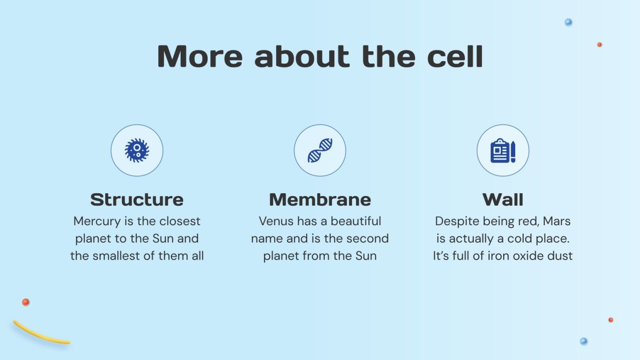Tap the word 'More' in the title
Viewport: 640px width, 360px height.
pyautogui.click(x=200, y=56)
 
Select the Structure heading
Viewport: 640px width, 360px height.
pyautogui.click(x=137, y=199)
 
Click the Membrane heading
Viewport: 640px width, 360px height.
pyautogui.click(x=320, y=199)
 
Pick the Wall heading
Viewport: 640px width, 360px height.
pyautogui.click(x=503, y=199)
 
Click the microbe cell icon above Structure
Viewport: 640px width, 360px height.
pyautogui.click(x=137, y=151)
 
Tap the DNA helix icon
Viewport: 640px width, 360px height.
pyautogui.click(x=320, y=151)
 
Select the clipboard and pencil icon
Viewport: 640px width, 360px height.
pyautogui.click(x=503, y=151)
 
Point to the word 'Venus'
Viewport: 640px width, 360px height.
pyautogui.click(x=276, y=221)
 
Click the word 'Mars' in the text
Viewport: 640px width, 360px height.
pyautogui.click(x=557, y=221)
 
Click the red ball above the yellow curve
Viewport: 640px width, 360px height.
pyautogui.click(x=26, y=302)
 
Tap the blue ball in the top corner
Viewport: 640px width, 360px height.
pyautogui.click(x=568, y=22)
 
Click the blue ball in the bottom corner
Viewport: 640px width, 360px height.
pyautogui.click(x=584, y=341)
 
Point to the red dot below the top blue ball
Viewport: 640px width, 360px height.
pyautogui.click(x=599, y=44)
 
